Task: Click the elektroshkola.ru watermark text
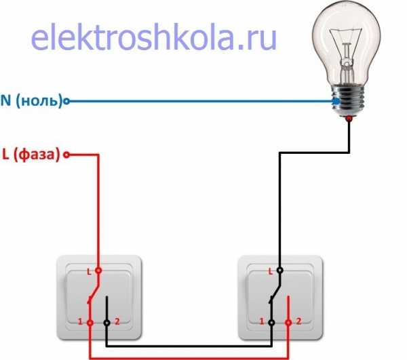click(154, 37)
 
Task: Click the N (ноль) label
click(31, 100)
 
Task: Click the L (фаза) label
click(31, 155)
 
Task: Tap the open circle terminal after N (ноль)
click(66, 101)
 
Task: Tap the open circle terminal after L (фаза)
click(66, 155)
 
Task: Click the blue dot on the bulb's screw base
click(336, 101)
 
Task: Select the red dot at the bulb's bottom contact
click(349, 119)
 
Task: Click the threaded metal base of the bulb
click(349, 100)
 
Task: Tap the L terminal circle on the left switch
click(98, 271)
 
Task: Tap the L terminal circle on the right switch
click(279, 271)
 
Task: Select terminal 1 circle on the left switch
click(90, 323)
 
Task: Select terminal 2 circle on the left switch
click(106, 323)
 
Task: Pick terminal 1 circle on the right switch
click(271, 323)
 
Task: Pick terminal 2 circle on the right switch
click(288, 323)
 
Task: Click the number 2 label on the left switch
click(117, 321)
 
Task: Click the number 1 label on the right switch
click(262, 321)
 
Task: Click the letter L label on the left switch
click(89, 272)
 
